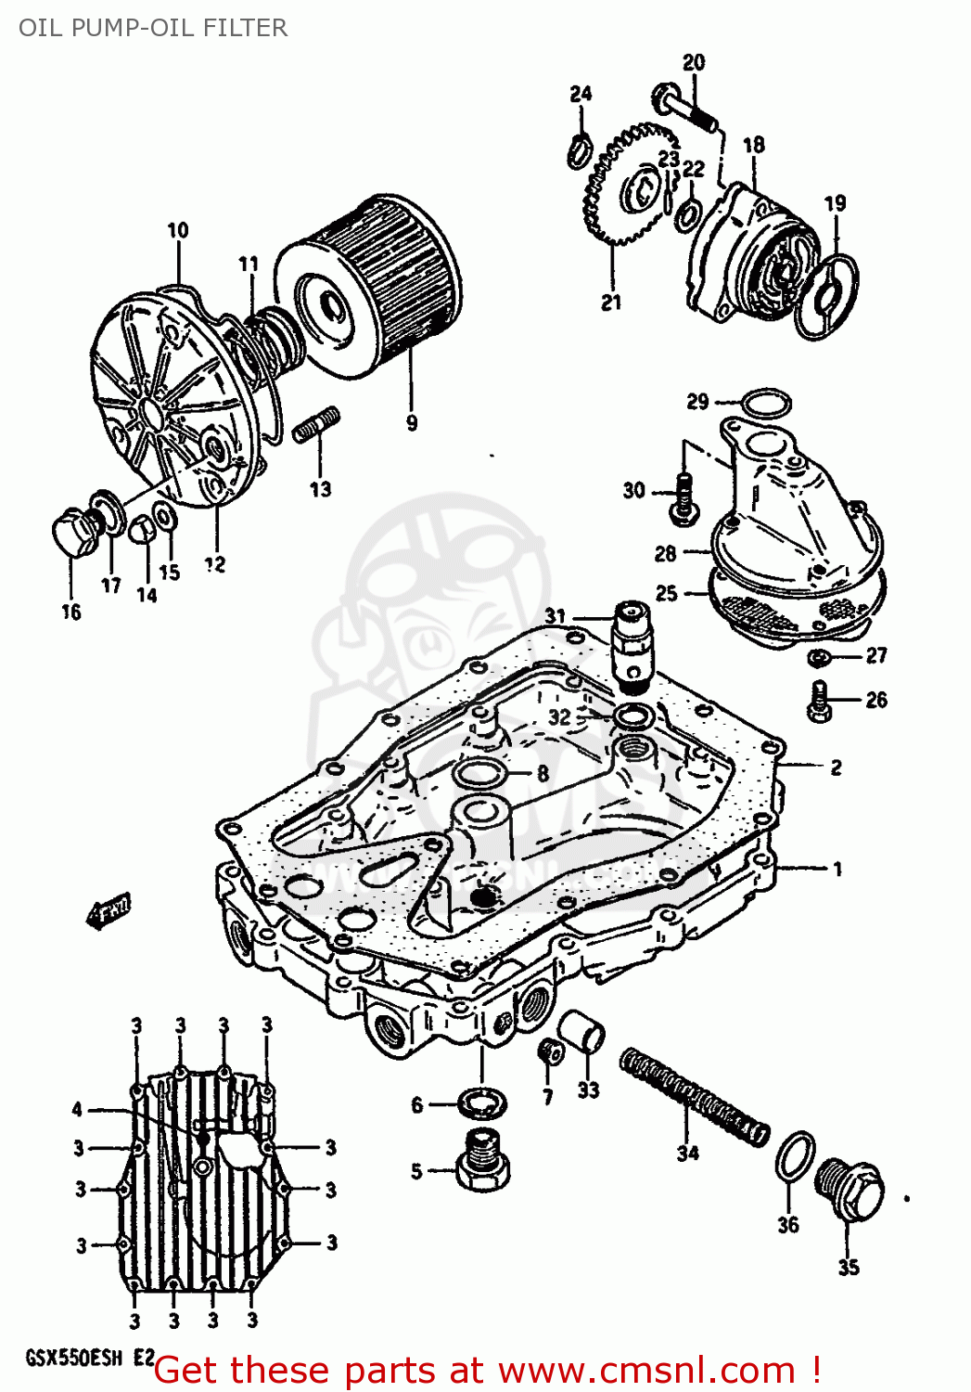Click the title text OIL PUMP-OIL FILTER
click(153, 28)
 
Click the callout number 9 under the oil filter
click(412, 423)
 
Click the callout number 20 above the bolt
click(694, 62)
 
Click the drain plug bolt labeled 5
click(482, 1162)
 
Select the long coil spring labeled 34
click(695, 1095)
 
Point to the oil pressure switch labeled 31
click(633, 640)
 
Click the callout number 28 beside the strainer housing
click(665, 554)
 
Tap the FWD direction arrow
click(109, 909)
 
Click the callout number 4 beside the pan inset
click(78, 1109)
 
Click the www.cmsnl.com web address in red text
click(645, 1371)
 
